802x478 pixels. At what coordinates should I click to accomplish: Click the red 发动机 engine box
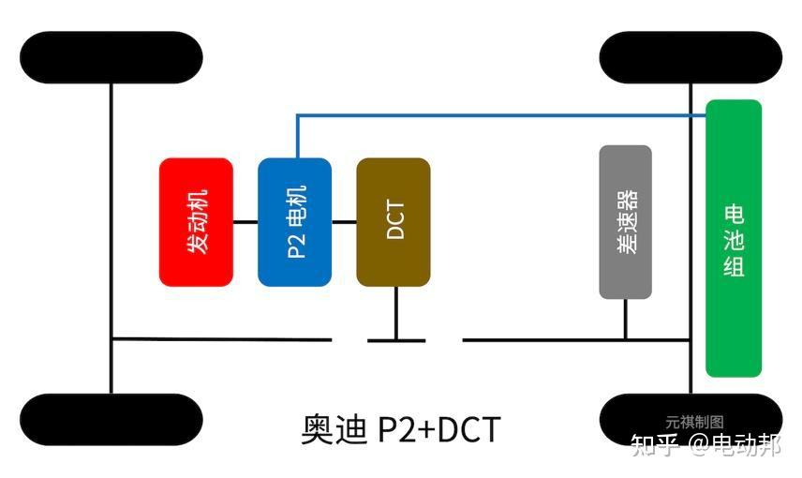coord(196,222)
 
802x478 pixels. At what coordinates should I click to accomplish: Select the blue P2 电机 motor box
coord(294,222)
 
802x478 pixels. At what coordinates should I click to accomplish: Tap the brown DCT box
coord(394,222)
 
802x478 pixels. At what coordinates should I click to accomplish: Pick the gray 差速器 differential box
coord(625,222)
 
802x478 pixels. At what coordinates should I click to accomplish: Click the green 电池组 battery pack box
coord(734,239)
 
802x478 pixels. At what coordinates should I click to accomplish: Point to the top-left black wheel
coord(111,57)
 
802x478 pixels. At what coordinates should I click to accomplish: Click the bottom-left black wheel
coord(111,419)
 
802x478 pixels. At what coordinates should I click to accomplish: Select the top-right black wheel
coord(691,57)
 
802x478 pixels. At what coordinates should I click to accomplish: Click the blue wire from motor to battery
coord(497,116)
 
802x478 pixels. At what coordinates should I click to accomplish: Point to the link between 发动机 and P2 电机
coord(245,222)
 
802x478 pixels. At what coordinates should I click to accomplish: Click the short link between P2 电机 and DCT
coord(344,222)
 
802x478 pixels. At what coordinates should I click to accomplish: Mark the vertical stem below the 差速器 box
coord(625,319)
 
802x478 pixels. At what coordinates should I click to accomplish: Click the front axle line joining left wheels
coord(111,234)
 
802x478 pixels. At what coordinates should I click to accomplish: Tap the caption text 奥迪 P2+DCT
coord(401,430)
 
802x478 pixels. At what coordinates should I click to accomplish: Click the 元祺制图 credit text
coord(694,423)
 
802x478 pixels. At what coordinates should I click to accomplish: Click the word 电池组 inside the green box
coord(734,239)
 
